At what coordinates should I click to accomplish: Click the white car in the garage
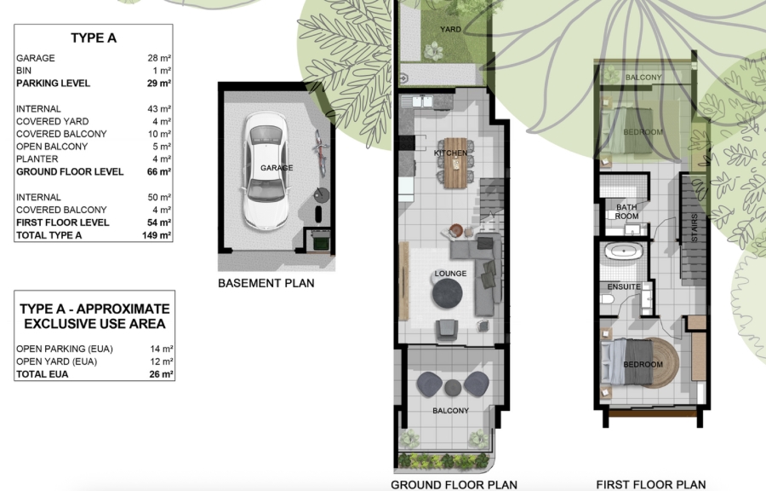click(266, 173)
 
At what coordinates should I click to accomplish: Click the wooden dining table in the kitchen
click(456, 163)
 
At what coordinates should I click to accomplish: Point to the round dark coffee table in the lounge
click(447, 293)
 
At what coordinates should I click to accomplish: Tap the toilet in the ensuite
click(607, 299)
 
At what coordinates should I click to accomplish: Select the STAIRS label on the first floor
click(695, 228)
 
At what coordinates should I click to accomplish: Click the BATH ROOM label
click(626, 211)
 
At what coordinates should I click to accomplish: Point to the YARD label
click(450, 29)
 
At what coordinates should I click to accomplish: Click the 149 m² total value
click(157, 235)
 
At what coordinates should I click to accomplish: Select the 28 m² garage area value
click(159, 58)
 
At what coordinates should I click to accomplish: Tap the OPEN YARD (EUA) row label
click(57, 362)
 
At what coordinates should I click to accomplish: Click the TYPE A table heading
click(94, 38)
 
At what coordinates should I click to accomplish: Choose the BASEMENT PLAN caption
click(266, 283)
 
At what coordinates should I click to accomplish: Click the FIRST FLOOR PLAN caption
click(651, 485)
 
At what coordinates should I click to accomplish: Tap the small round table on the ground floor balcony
click(453, 388)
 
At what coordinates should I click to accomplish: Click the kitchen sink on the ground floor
click(417, 101)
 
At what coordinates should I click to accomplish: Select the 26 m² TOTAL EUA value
click(161, 374)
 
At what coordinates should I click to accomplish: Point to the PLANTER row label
click(37, 159)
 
